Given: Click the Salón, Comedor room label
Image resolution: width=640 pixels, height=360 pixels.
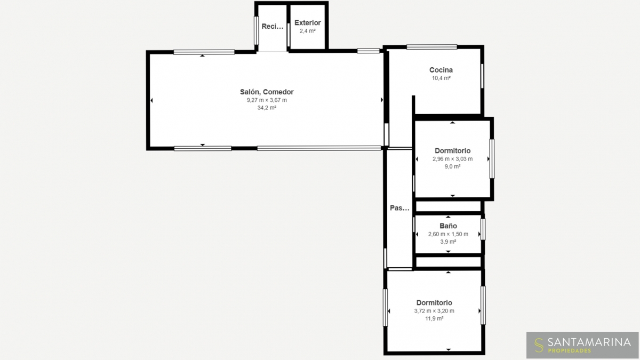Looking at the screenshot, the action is [x=267, y=92].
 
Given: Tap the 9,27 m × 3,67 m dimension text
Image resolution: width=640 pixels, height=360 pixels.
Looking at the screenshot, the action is [x=267, y=100].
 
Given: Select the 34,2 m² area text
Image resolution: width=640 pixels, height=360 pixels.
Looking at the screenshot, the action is [x=267, y=108].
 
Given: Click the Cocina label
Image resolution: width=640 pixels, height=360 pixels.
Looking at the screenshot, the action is [x=441, y=70].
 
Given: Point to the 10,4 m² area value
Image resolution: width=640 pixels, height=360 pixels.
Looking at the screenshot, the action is [x=441, y=78].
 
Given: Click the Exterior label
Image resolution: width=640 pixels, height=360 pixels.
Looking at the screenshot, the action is [x=307, y=23].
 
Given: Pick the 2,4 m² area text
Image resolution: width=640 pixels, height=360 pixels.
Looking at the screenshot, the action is [x=307, y=31].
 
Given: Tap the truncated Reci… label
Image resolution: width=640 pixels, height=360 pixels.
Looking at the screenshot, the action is [x=273, y=27].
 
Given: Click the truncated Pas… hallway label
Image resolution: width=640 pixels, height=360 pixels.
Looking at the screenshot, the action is [x=399, y=208].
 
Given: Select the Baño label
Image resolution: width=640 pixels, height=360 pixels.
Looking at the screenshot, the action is [x=448, y=226].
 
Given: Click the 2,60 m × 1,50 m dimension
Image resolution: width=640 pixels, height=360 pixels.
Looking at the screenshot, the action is [x=448, y=234].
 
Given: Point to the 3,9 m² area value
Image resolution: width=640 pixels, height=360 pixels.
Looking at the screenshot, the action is [x=448, y=242].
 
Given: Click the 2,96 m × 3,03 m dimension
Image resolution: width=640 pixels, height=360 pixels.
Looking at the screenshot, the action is [x=453, y=159].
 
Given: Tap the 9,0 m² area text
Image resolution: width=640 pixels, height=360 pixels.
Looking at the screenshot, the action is [x=453, y=166].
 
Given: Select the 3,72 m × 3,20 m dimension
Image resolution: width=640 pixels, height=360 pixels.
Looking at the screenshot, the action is [x=434, y=311].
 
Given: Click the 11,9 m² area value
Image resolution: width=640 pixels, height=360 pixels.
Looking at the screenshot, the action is [x=434, y=318].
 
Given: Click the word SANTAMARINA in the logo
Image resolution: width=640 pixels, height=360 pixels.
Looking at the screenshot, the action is [x=589, y=342].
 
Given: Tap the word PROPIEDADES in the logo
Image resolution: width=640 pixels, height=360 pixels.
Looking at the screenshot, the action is [x=569, y=350].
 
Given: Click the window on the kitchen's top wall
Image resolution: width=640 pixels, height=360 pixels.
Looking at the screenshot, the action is [x=431, y=47].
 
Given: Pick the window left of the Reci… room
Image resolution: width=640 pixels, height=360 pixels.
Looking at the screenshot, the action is [x=257, y=30].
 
